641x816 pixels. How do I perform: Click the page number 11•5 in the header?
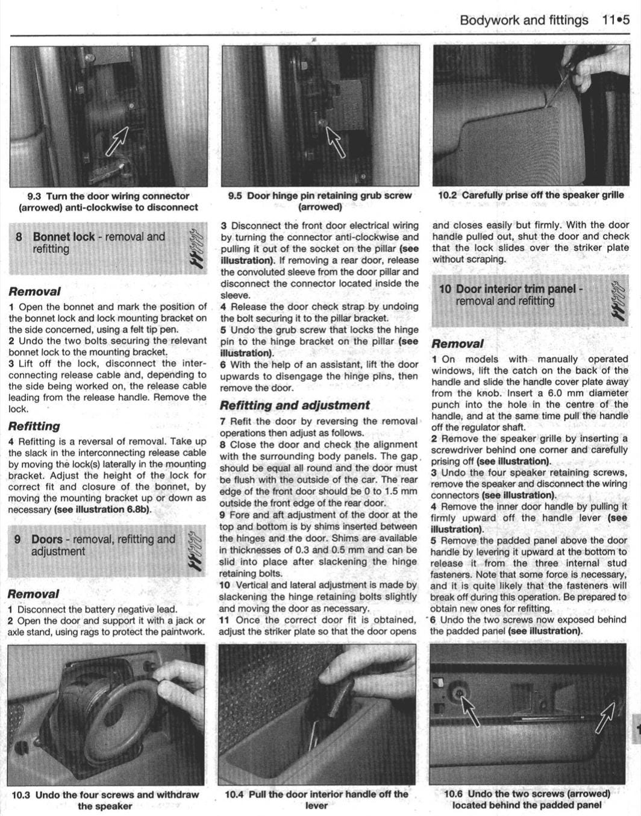(615, 20)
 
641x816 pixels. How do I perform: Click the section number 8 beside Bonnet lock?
(19, 237)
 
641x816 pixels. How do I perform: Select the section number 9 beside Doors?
(19, 539)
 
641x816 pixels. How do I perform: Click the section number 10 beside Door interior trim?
(445, 289)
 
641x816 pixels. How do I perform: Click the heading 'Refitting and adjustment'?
(295, 406)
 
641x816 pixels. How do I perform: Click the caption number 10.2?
(447, 195)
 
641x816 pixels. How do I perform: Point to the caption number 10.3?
(22, 795)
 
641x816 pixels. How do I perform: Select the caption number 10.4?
(234, 794)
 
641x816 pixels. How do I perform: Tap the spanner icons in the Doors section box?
(194, 550)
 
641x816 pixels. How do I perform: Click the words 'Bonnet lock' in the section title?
(64, 237)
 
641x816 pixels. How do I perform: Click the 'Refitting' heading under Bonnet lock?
(34, 426)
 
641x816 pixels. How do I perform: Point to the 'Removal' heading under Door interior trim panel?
(458, 344)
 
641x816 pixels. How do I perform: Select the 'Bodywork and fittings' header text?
(524, 20)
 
